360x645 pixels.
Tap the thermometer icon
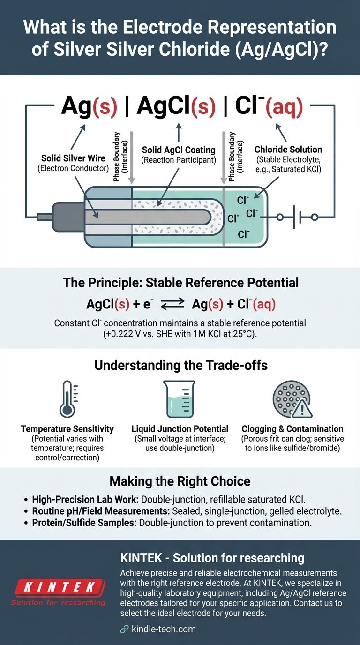click(67, 399)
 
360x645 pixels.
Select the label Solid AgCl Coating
click(179, 150)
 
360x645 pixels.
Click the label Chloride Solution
click(288, 150)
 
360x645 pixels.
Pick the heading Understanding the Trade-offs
click(180, 365)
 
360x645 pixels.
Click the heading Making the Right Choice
click(180, 481)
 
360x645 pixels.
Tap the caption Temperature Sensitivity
click(67, 428)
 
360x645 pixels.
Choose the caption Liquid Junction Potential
click(180, 428)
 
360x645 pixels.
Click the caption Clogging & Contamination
click(292, 428)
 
